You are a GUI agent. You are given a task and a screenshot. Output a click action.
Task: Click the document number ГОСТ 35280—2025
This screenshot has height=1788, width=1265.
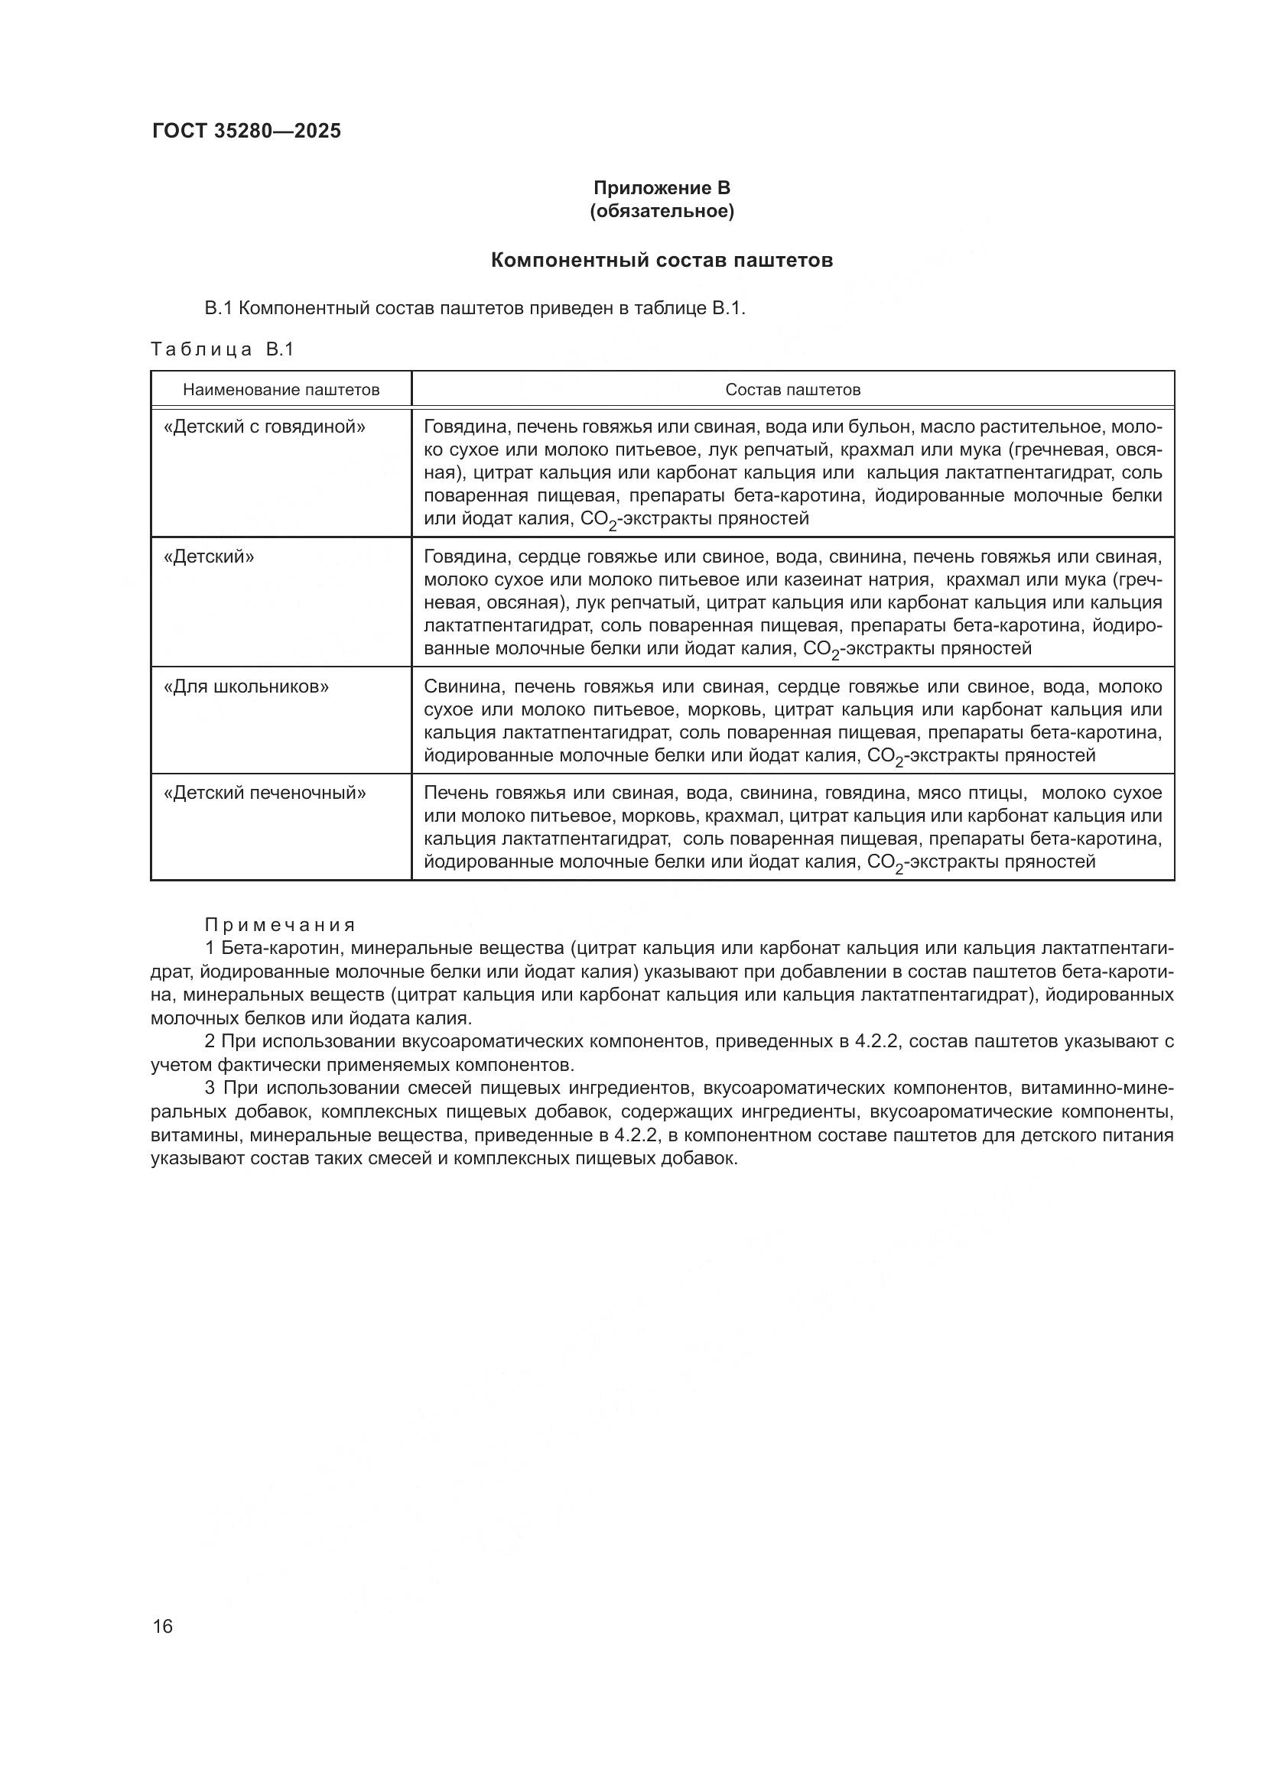point(246,131)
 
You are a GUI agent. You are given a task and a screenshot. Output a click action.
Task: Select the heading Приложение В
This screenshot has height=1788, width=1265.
point(662,188)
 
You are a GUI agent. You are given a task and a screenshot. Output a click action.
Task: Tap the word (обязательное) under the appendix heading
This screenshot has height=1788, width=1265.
point(662,211)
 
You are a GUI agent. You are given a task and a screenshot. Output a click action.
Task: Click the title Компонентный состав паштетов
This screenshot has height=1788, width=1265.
point(662,260)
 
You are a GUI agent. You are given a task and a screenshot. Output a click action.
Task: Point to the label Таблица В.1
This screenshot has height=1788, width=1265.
point(222,349)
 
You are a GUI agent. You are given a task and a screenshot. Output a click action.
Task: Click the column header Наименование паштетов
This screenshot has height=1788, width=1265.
point(281,389)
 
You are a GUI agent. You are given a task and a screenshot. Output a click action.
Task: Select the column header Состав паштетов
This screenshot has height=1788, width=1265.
point(792,389)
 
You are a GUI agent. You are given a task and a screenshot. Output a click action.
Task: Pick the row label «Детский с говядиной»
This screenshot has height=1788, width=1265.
point(265,427)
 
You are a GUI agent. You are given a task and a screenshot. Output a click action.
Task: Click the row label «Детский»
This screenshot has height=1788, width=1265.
point(209,557)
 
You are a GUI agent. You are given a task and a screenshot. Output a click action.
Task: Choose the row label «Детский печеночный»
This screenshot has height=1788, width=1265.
point(265,793)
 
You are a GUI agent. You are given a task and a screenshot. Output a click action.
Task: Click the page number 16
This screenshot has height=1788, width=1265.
point(163,1626)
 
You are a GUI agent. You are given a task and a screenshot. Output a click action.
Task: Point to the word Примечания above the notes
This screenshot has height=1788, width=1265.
point(280,925)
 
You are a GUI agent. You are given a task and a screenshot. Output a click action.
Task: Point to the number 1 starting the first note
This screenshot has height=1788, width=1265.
point(210,949)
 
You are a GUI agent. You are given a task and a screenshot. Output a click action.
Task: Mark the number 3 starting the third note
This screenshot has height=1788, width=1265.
point(210,1088)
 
